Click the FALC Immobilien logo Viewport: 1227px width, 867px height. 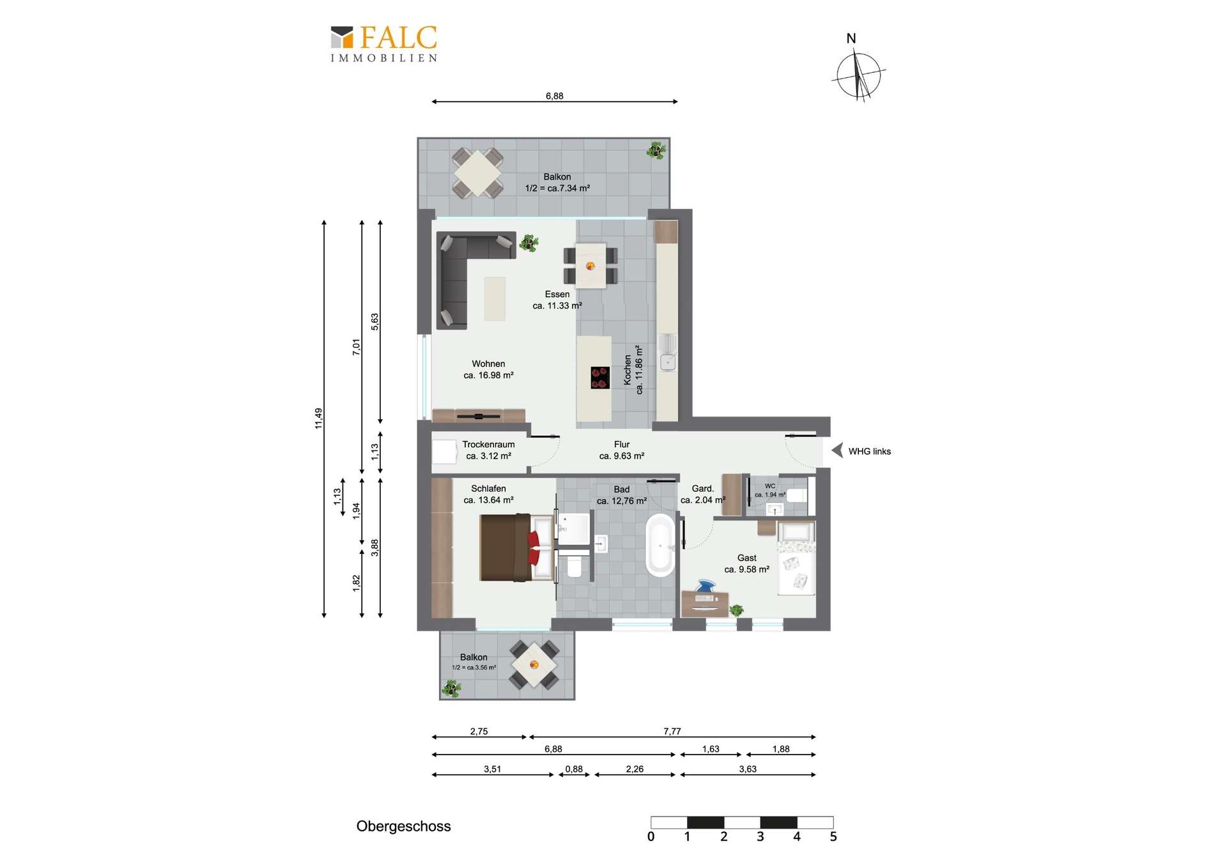(384, 43)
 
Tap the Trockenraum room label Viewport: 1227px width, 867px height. (488, 450)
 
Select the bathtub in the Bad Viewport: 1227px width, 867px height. (660, 545)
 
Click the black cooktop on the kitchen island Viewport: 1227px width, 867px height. (599, 378)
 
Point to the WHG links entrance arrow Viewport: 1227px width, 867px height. (837, 450)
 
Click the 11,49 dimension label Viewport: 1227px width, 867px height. (318, 418)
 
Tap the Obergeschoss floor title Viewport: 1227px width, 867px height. (403, 826)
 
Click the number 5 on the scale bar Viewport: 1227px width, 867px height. (833, 837)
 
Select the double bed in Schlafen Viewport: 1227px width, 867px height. (516, 548)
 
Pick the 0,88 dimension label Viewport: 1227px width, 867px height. (574, 769)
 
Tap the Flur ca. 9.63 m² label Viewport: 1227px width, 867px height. (622, 450)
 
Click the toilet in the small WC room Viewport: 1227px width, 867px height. (797, 495)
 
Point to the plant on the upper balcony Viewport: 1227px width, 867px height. (656, 150)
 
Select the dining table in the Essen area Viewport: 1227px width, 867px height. (590, 266)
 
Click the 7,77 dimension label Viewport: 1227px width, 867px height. (672, 731)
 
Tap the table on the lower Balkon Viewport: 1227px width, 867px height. (534, 664)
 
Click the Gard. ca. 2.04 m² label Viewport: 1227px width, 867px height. (703, 494)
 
